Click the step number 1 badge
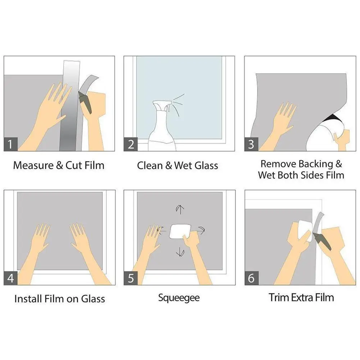point(10,144)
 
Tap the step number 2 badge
point(131,144)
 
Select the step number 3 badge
point(251,144)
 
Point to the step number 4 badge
point(10,278)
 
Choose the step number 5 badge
point(131,278)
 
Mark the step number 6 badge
point(251,278)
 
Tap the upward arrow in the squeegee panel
point(180,209)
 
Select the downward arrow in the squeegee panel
point(180,252)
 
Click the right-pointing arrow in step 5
point(200,230)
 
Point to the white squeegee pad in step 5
point(180,232)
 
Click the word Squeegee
point(179,298)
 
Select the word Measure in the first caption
point(33,165)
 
